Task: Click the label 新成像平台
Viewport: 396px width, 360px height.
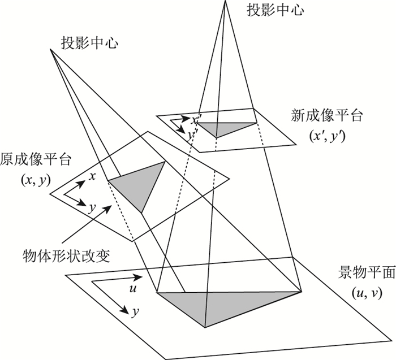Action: (x=327, y=117)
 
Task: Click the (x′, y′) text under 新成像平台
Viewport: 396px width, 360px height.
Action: (x=327, y=136)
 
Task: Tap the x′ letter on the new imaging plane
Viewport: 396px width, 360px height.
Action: (x=194, y=120)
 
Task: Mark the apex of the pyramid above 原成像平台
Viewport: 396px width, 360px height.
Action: (x=50, y=49)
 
